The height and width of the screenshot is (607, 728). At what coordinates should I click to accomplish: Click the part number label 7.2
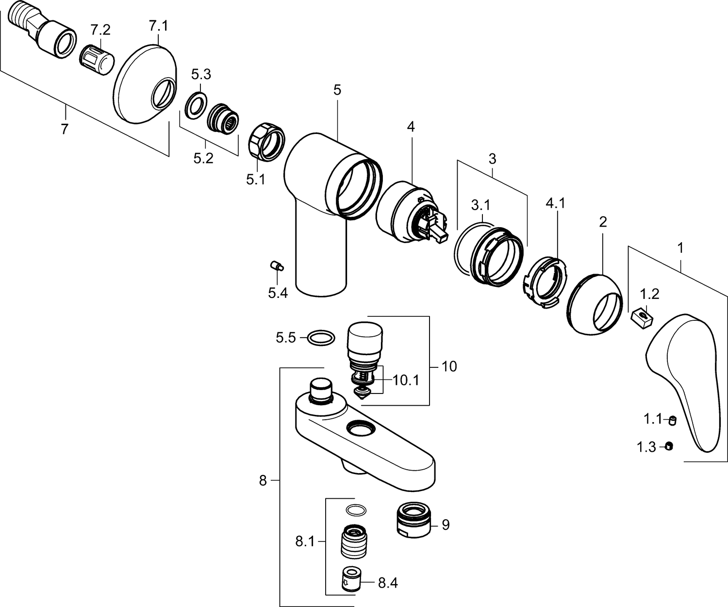[x=100, y=30]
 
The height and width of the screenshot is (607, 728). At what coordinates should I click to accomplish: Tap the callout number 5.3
[x=201, y=74]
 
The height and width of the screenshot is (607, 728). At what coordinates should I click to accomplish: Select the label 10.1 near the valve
[x=406, y=380]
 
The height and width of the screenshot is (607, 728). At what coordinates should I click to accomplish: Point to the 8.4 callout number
[x=388, y=583]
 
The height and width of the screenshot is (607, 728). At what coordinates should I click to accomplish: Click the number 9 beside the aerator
[x=446, y=525]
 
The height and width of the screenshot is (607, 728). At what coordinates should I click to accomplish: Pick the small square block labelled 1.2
[x=642, y=318]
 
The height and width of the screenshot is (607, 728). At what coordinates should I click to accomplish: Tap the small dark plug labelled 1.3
[x=669, y=445]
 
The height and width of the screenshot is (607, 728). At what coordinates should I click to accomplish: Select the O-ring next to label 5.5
[x=321, y=338]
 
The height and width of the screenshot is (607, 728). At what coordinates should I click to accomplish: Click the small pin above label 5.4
[x=277, y=266]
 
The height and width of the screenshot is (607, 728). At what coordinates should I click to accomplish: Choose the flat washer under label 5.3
[x=195, y=106]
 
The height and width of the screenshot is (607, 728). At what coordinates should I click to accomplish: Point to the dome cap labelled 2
[x=594, y=305]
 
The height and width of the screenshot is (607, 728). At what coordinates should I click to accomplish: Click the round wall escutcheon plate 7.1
[x=145, y=83]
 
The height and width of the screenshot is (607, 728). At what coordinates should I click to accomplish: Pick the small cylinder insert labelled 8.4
[x=352, y=579]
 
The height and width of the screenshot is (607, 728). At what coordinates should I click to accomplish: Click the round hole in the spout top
[x=360, y=428]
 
